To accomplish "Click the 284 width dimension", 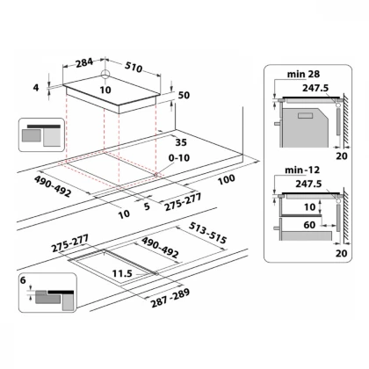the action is point(84,63).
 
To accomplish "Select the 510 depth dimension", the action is point(134,67).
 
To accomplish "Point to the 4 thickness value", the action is point(36,87).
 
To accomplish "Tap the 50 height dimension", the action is point(184,95).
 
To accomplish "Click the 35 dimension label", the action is point(181,142).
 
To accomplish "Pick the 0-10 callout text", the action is point(179,158).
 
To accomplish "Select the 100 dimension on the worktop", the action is point(227,180).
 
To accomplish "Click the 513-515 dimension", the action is point(208,233).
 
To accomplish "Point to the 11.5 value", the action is point(122,273).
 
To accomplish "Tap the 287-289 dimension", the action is point(170,298).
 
